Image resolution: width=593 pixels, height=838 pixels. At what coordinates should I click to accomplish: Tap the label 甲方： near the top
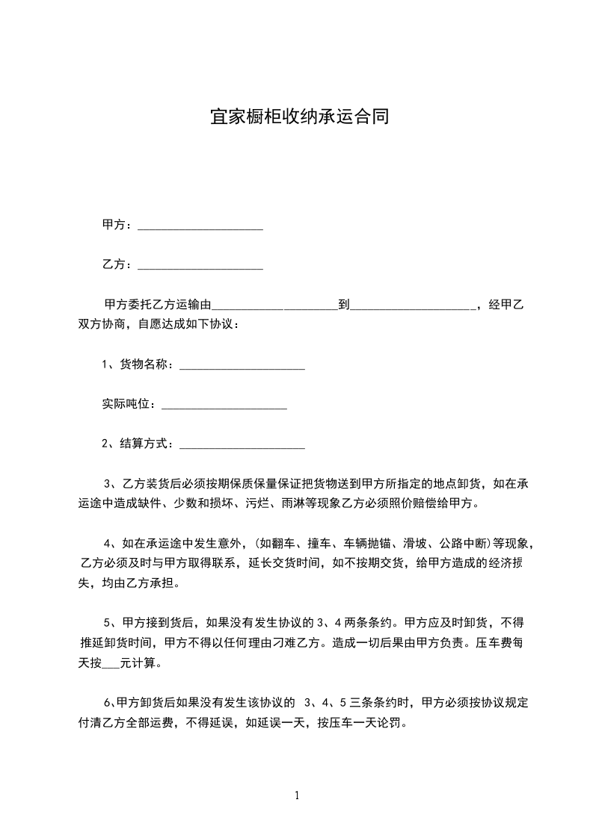(x=117, y=224)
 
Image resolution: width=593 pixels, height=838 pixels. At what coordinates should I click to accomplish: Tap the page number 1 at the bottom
(x=297, y=795)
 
